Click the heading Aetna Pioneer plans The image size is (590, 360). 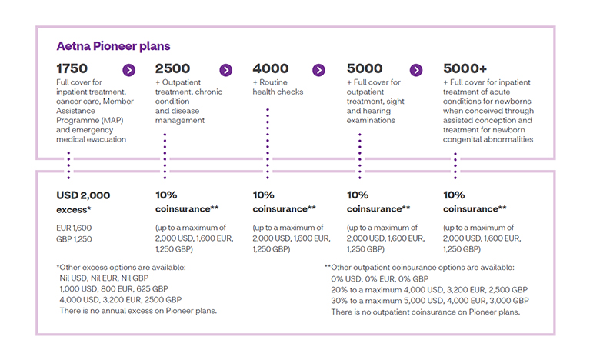point(113,46)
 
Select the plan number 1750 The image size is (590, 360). point(72,68)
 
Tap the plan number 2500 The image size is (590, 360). point(173,68)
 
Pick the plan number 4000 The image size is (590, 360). point(271,68)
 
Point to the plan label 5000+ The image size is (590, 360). point(465,68)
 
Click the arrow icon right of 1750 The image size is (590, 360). point(128,70)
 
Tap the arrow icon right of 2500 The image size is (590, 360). point(225,70)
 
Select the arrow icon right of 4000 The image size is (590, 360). point(318,70)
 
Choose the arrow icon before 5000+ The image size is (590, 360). point(416,70)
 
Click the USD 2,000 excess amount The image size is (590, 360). point(83,195)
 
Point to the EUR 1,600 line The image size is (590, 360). point(74,228)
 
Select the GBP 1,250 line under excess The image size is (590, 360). point(74,239)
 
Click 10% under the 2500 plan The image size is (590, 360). point(166,195)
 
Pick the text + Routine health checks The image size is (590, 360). point(278,87)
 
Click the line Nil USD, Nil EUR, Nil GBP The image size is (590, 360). point(104,278)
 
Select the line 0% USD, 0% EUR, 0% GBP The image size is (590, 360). point(380,279)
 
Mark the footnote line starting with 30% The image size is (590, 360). point(430,301)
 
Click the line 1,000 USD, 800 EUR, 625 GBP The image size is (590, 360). point(114,289)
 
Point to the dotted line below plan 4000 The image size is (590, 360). point(268,143)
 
